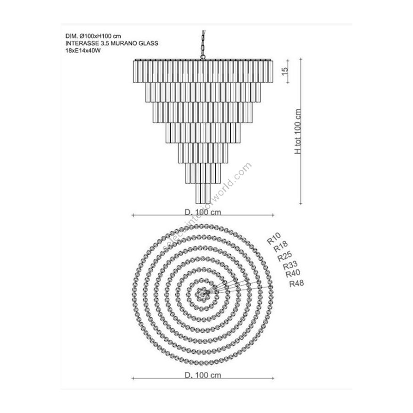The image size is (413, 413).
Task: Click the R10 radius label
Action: tap(274, 239)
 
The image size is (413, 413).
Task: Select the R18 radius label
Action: tap(281, 246)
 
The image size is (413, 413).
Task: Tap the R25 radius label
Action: tap(285, 256)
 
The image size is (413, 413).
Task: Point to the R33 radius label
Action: tap(290, 265)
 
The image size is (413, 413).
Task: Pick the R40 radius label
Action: tap(293, 273)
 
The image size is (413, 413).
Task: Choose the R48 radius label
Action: tap(296, 284)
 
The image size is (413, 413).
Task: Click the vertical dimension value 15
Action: tap(285, 72)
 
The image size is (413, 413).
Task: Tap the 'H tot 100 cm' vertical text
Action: tap(298, 131)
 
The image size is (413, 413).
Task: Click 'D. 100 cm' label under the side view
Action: tap(203, 212)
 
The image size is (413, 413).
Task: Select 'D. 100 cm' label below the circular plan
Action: tap(203, 375)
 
